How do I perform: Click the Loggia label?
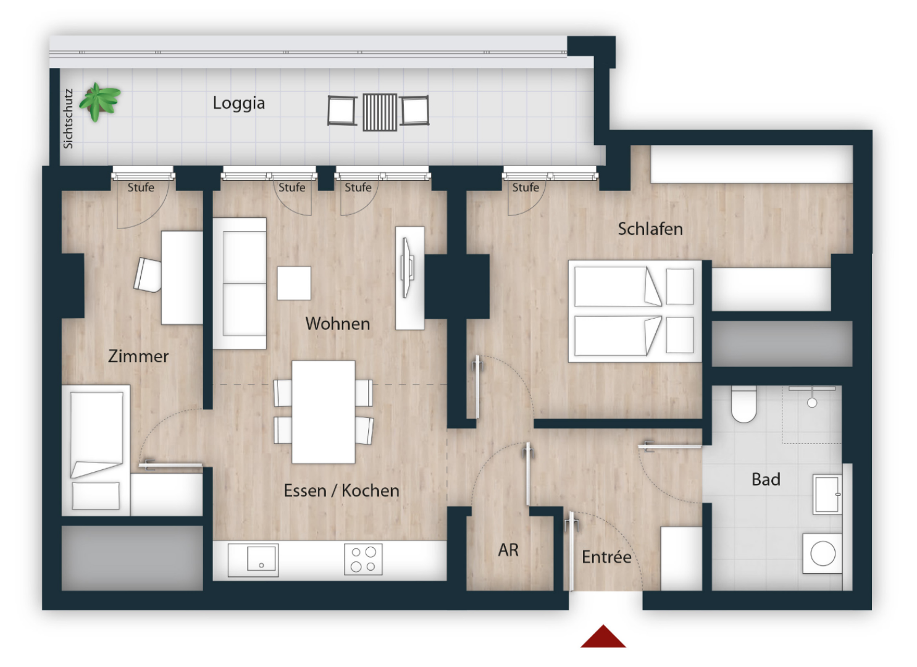coord(238,103)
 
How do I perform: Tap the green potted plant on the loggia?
coord(99,101)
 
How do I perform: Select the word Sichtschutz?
coord(68,119)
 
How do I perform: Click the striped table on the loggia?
coord(380,112)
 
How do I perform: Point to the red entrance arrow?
coord(603,637)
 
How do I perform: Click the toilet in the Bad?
coord(743,404)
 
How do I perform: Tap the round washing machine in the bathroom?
coord(823,553)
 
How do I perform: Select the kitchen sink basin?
coord(261,558)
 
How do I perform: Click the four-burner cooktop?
coord(363,559)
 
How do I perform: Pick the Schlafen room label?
coord(650,229)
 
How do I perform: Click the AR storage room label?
coord(508,550)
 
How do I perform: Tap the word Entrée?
coord(606,557)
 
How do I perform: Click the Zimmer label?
coord(138,356)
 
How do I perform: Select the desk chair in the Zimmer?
coord(148,275)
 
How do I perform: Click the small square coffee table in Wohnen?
coord(294,283)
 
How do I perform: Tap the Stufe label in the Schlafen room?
coord(525,188)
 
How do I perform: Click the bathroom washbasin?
coord(827,494)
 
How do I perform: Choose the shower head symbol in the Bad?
coord(812,403)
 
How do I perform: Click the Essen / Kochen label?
coord(341,490)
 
